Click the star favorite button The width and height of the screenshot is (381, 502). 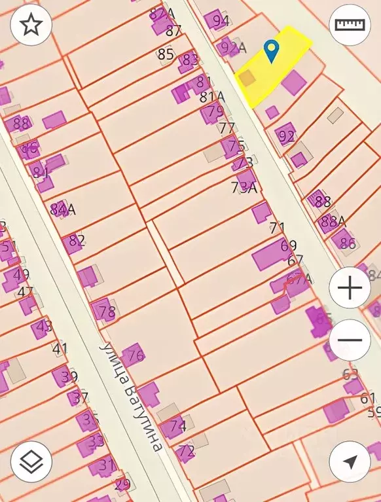click(31, 26)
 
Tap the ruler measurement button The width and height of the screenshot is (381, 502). click(350, 26)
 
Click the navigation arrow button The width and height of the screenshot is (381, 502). click(350, 462)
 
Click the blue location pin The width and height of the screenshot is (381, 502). click(271, 50)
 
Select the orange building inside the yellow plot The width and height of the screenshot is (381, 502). click(247, 78)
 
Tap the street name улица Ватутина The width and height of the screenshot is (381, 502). click(131, 396)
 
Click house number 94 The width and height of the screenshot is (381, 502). click(221, 20)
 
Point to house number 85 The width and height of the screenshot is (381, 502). click(166, 54)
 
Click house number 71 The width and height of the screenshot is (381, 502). click(278, 228)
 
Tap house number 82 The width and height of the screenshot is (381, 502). click(77, 241)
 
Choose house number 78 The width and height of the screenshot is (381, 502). click(107, 311)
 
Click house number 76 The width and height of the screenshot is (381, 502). click(136, 356)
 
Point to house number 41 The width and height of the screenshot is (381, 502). click(60, 348)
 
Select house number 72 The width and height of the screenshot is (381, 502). click(187, 451)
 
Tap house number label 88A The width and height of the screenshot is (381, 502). click(333, 221)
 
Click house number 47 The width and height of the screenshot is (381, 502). click(26, 292)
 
